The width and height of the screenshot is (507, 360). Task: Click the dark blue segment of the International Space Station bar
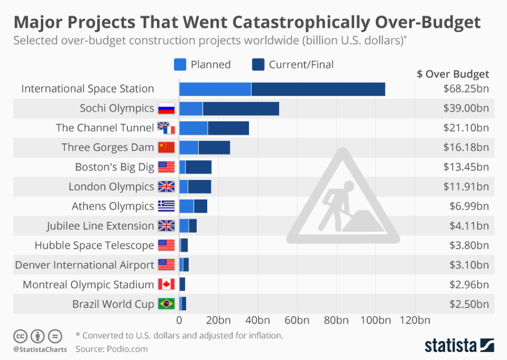(318, 89)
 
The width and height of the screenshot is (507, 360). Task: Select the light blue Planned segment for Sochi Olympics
(191, 109)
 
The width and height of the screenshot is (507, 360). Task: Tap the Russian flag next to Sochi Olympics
(166, 109)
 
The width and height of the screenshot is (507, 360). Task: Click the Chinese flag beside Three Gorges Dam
(166, 147)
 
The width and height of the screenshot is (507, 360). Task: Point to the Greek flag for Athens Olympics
(166, 206)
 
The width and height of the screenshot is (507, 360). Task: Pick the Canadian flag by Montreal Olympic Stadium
(166, 285)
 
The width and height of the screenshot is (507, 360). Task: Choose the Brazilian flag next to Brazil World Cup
(166, 304)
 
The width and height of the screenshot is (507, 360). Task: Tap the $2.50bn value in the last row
(469, 304)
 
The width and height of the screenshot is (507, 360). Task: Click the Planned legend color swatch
(180, 65)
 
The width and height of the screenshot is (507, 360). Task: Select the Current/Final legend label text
(301, 65)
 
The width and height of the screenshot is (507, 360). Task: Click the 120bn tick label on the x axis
(415, 320)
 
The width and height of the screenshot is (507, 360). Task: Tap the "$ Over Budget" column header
(453, 74)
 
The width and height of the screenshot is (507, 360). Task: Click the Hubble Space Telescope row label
(94, 245)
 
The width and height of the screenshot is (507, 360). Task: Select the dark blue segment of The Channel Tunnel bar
(228, 128)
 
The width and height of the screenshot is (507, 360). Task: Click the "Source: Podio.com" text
(112, 348)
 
